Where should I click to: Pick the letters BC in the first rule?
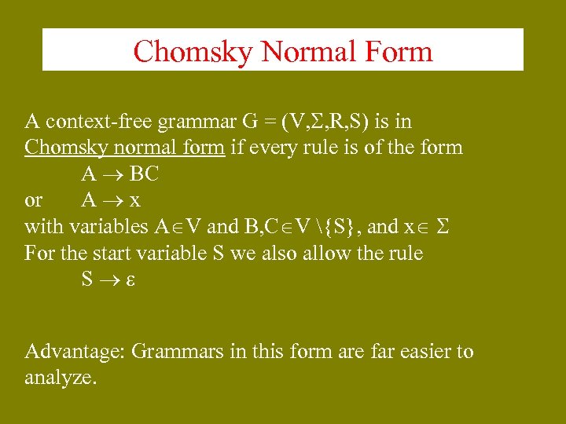click(x=144, y=174)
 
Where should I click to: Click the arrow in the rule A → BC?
click(x=112, y=174)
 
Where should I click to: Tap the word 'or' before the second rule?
click(x=34, y=200)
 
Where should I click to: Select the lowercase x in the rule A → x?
click(x=135, y=200)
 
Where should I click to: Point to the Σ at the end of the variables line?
click(x=442, y=227)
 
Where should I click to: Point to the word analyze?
click(x=61, y=378)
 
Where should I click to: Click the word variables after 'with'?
click(x=108, y=227)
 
